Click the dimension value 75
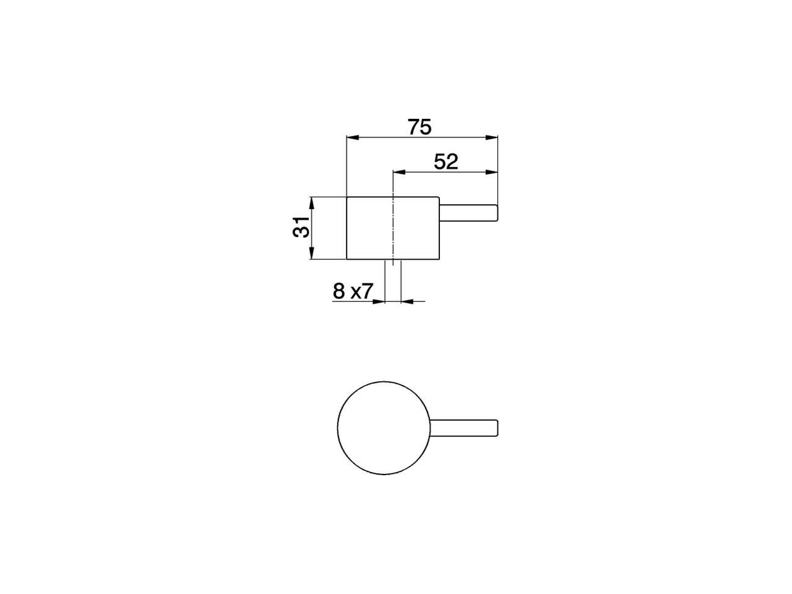click(420, 127)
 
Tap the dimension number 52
click(445, 162)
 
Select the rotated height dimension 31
click(301, 228)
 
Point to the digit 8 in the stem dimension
click(338, 291)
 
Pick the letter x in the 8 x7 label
click(356, 292)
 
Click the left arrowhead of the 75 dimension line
click(352, 137)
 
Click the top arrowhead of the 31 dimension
click(312, 202)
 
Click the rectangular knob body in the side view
click(369, 228)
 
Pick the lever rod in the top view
click(464, 428)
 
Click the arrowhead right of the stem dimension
click(407, 301)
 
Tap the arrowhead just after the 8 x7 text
click(379, 301)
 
